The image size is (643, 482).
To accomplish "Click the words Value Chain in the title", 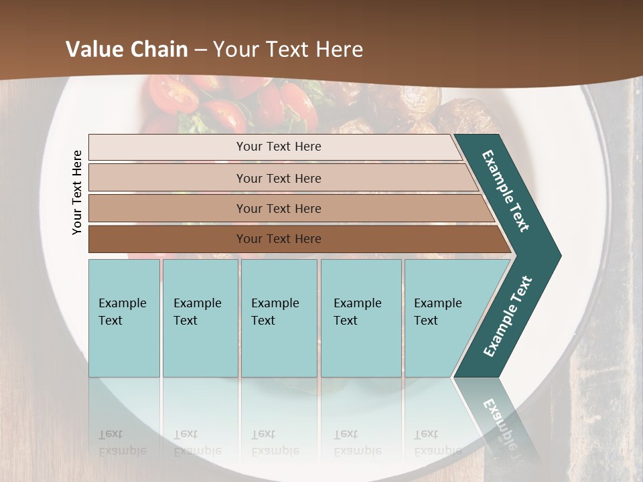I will pyautogui.click(x=127, y=50).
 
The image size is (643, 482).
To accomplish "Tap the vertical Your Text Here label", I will pyautogui.click(x=77, y=193).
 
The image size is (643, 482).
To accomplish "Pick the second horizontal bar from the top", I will pyautogui.click(x=278, y=178).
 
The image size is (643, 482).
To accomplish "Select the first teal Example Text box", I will pyautogui.click(x=124, y=318).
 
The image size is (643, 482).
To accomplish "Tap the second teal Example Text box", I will pyautogui.click(x=200, y=318).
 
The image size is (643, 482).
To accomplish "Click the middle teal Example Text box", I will pyautogui.click(x=279, y=318).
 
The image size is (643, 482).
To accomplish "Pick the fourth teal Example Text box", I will pyautogui.click(x=360, y=318).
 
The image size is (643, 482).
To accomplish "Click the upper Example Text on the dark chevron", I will pyautogui.click(x=506, y=191).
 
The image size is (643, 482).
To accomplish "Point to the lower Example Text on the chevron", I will pyautogui.click(x=508, y=317).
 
